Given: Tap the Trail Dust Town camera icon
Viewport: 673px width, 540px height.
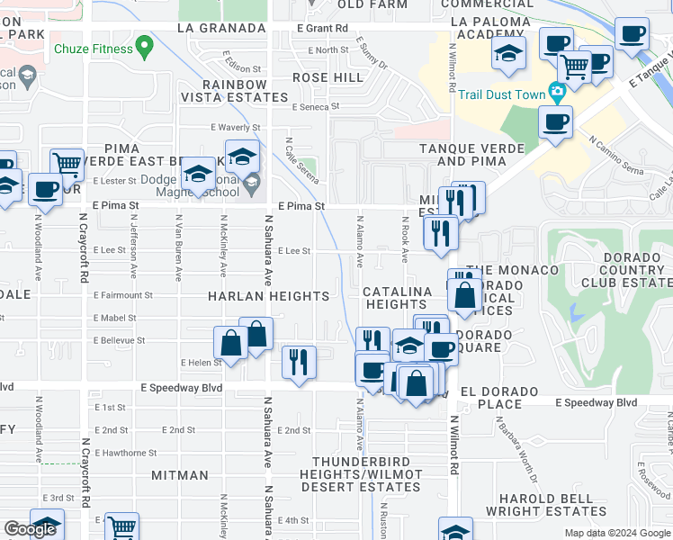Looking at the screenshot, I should pyautogui.click(x=557, y=91).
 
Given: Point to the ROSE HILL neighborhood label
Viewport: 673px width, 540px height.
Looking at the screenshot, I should pyautogui.click(x=322, y=77).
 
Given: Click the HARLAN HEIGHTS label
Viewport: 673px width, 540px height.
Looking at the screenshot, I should pyautogui.click(x=269, y=296).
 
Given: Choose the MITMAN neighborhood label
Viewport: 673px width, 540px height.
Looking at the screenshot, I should pyautogui.click(x=180, y=474).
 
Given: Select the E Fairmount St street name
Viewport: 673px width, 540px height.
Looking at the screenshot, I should pyautogui.click(x=123, y=295).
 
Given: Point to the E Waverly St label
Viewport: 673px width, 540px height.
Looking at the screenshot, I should pyautogui.click(x=235, y=127).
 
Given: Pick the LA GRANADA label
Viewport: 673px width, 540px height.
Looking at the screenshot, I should pyautogui.click(x=221, y=28).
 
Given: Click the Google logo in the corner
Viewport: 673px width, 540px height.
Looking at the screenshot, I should pyautogui.click(x=30, y=529).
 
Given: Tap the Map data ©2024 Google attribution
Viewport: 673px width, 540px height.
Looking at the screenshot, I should pyautogui.click(x=616, y=532).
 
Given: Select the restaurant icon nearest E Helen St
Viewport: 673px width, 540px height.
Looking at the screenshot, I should pyautogui.click(x=299, y=362).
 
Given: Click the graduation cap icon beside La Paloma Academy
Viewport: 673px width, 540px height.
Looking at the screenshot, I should pyautogui.click(x=508, y=52).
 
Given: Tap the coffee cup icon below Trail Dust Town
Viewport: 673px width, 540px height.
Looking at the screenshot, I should pyautogui.click(x=555, y=121).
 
